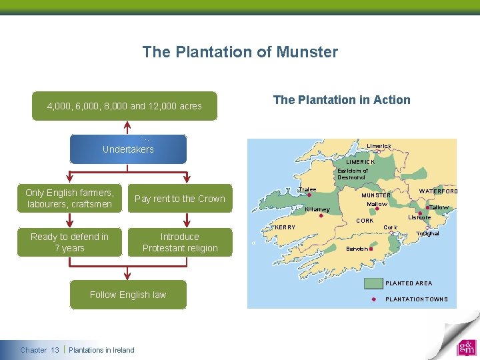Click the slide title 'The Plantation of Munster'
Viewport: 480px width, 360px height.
(x=240, y=52)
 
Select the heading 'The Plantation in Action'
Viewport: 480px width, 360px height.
(x=341, y=100)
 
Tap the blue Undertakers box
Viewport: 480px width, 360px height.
(x=128, y=149)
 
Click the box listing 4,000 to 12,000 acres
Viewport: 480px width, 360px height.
(x=124, y=106)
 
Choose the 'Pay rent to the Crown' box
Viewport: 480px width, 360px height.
(x=179, y=199)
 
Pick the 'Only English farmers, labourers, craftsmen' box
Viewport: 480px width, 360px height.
(x=69, y=199)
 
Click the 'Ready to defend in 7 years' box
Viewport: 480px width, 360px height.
(x=69, y=242)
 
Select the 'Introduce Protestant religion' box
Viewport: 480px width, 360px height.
(x=179, y=242)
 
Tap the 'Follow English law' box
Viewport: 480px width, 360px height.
(x=128, y=295)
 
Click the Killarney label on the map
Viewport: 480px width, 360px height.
(x=317, y=210)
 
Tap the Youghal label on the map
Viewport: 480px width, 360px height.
(x=427, y=233)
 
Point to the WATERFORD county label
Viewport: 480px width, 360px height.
(x=438, y=191)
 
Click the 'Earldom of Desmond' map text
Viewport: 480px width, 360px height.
(x=352, y=174)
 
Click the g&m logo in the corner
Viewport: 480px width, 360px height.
(x=466, y=347)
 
